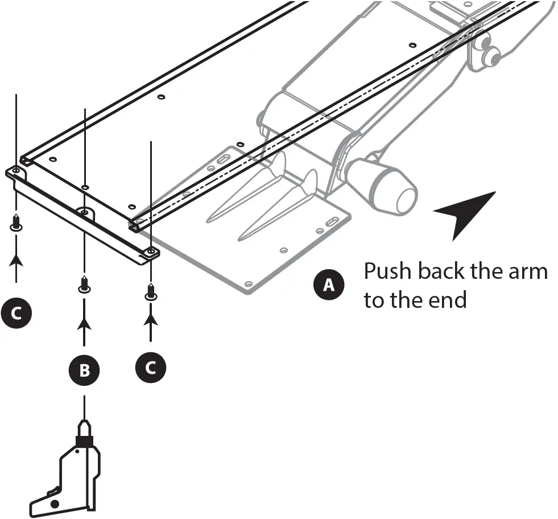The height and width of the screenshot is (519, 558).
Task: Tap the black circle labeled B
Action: pos(84,370)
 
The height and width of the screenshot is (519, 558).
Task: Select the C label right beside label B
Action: pos(151,368)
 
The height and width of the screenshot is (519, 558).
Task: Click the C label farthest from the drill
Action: pos(16,313)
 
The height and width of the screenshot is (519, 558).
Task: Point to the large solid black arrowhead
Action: pos(462,213)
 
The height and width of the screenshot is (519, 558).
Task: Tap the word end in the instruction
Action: pos(448,300)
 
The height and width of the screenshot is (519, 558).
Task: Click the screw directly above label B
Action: pos(84,284)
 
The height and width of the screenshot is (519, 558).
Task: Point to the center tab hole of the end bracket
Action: pos(84,213)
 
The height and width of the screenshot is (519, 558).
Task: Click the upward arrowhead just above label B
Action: pos(84,324)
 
